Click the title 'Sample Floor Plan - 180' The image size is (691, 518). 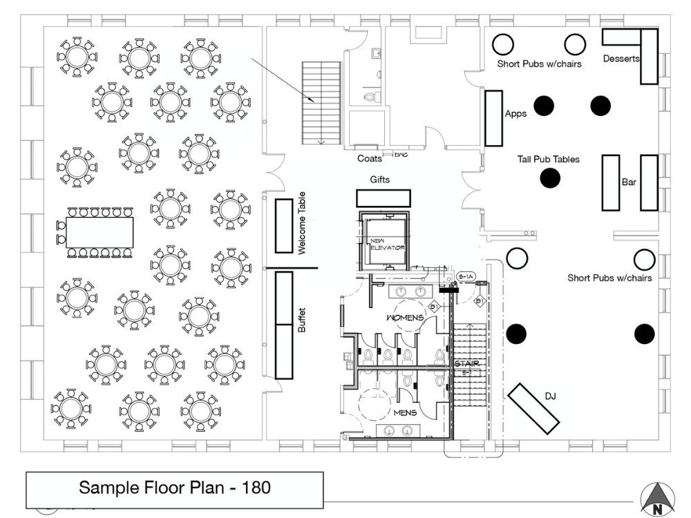coord(174,488)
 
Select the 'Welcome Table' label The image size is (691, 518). coord(301,223)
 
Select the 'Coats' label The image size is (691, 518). coord(370,159)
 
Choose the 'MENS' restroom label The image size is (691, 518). coord(404,412)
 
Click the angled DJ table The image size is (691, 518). coord(534,408)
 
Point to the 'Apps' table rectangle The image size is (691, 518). coord(493,118)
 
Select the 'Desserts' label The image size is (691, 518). coord(621,59)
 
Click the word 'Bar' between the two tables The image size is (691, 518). coord(629,182)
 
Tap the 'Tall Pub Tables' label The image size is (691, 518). coord(548,160)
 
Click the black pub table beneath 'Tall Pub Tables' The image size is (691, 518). coord(549,179)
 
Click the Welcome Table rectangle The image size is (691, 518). coord(284,225)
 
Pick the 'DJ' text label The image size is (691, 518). coord(550,396)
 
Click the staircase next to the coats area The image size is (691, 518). coord(321,102)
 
